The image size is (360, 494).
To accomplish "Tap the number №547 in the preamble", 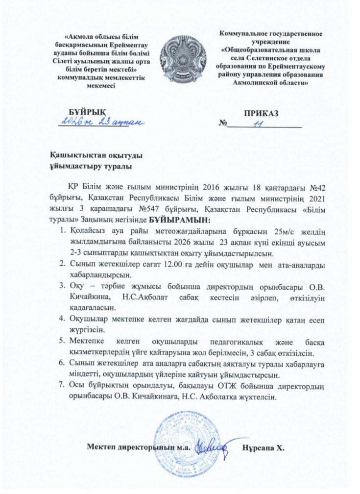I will (157, 209).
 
